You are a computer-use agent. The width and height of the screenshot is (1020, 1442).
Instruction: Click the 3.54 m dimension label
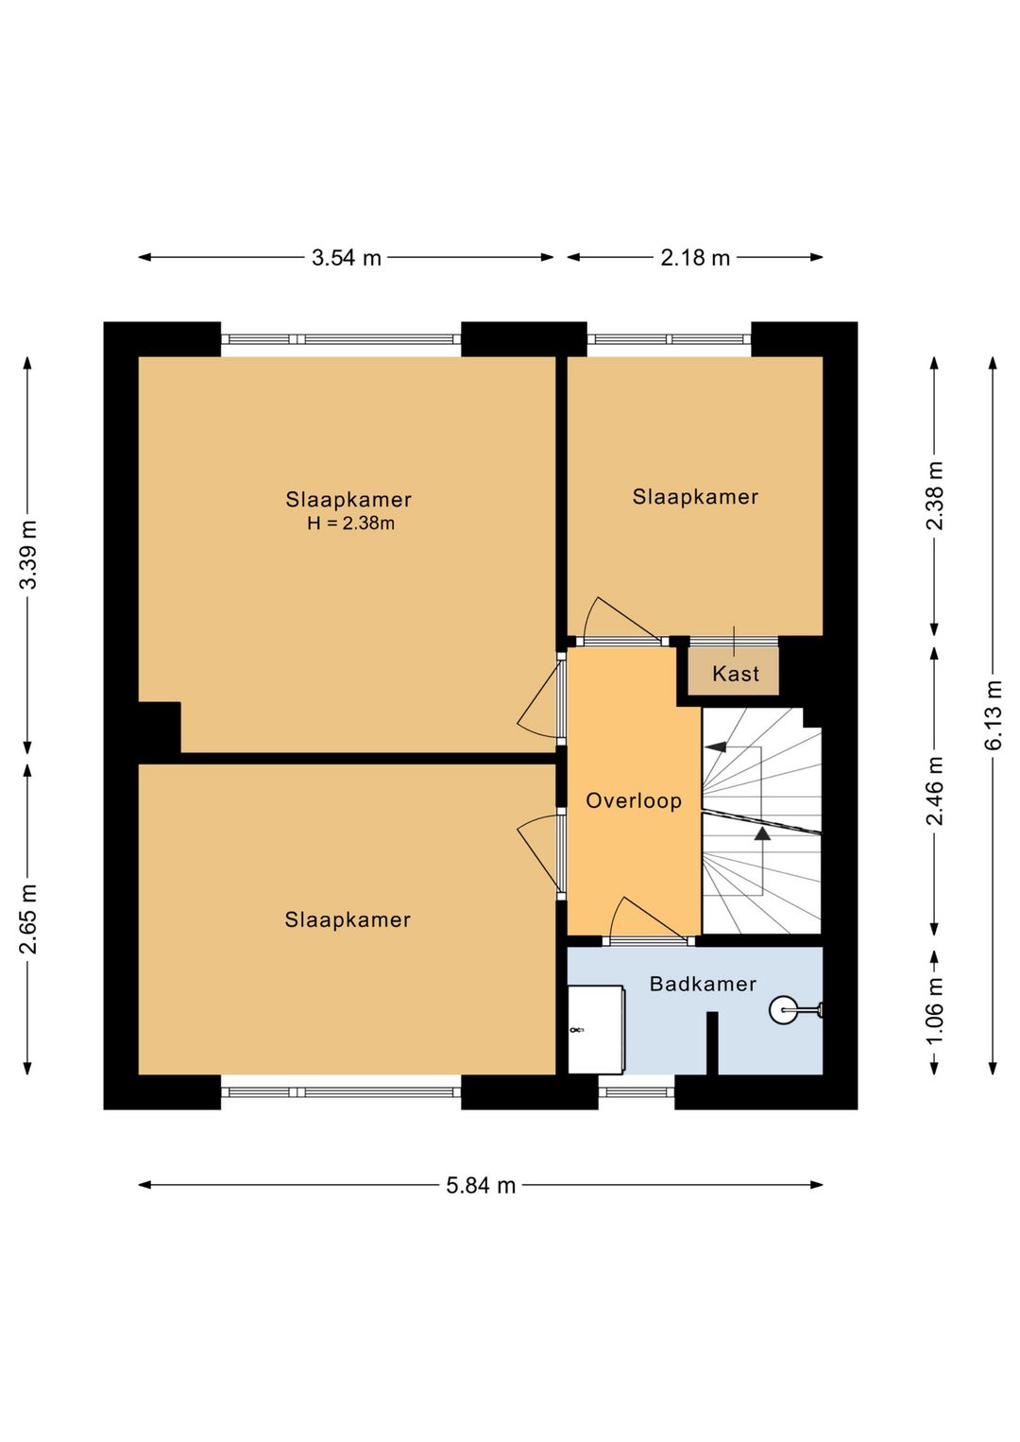point(347,258)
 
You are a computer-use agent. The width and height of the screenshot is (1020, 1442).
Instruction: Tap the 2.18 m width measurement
point(695,258)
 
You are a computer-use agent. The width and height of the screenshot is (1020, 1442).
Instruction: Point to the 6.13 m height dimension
point(993,715)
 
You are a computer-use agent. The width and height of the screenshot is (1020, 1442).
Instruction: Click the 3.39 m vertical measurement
point(28,555)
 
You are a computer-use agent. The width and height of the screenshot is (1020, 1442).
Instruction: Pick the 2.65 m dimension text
point(28,918)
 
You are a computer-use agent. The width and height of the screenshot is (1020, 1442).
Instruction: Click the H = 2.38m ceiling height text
point(350,524)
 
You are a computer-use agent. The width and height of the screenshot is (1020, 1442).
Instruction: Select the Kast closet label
point(736,674)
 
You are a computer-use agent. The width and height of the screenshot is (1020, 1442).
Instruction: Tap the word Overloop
point(634,800)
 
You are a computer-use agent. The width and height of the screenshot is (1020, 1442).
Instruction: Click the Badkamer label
point(703,984)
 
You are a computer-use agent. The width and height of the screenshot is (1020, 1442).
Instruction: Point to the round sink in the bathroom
point(783,1009)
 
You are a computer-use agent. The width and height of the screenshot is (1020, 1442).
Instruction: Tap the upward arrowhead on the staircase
point(762,833)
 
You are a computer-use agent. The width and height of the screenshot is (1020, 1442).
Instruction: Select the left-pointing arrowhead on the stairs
point(715,747)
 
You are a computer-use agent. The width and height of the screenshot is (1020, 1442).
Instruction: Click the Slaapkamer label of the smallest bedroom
point(695,497)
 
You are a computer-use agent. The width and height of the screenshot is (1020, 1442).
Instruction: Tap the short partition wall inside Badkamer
point(712,1043)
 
